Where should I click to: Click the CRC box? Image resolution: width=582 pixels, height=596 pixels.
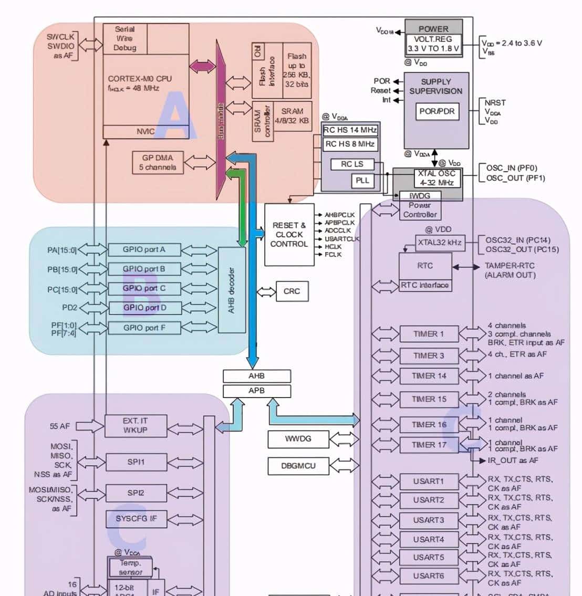click(292, 291)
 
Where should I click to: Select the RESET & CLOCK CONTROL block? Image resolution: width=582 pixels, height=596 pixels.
click(289, 234)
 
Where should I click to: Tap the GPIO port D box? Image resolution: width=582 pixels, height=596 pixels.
click(144, 308)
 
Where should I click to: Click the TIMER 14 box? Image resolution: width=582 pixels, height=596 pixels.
click(429, 376)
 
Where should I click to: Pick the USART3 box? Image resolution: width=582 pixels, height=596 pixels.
click(429, 520)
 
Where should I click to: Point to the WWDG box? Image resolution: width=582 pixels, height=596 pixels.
click(298, 439)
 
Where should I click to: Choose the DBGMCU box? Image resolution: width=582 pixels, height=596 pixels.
click(298, 466)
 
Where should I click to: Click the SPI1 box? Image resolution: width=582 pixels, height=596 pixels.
click(136, 462)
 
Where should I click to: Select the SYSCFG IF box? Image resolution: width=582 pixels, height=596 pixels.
click(136, 519)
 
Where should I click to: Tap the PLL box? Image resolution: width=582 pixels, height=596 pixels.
click(362, 181)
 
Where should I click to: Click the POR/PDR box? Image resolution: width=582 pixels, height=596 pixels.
click(436, 111)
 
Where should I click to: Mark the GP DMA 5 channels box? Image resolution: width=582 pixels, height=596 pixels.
click(158, 162)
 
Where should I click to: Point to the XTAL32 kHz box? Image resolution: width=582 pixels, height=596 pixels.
click(439, 243)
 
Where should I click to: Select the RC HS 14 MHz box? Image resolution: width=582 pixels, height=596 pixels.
click(350, 130)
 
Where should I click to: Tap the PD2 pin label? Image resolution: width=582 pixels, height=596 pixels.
click(70, 308)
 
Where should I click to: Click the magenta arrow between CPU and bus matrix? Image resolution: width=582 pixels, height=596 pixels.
click(202, 66)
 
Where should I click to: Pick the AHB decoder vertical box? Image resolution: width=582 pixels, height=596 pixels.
click(231, 290)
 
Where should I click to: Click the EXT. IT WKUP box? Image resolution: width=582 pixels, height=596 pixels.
click(136, 425)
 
